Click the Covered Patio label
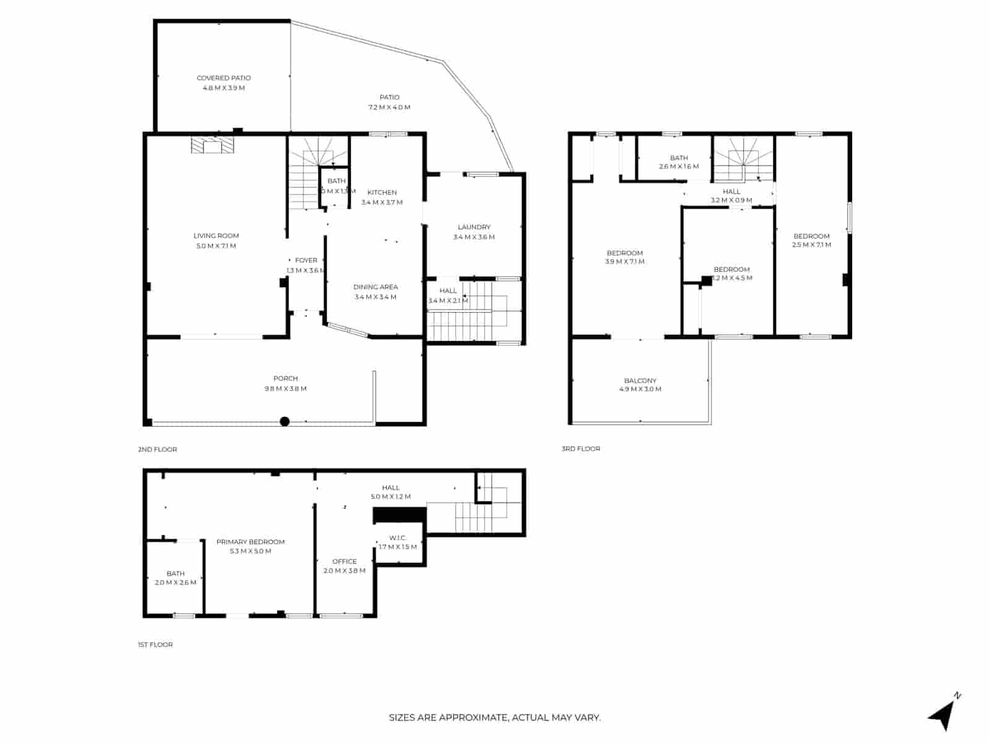click(223, 78)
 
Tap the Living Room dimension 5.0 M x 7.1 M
click(216, 246)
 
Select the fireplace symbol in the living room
click(212, 146)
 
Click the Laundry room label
click(474, 227)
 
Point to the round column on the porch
click(285, 422)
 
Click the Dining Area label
click(376, 287)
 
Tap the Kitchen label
click(382, 193)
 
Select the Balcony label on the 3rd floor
click(640, 381)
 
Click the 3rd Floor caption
click(580, 448)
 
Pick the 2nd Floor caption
click(157, 450)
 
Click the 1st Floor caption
click(155, 645)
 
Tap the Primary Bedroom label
click(251, 542)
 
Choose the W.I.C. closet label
click(397, 537)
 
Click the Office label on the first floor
click(344, 562)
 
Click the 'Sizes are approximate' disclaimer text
click(494, 718)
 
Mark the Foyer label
click(306, 261)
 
